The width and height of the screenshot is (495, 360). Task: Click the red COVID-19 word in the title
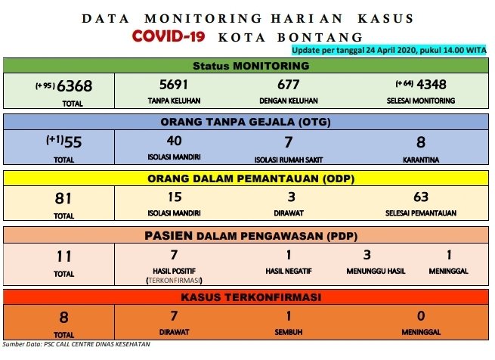point(169,36)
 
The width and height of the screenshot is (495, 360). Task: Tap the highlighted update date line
point(389,50)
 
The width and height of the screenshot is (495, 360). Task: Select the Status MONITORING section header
point(251,66)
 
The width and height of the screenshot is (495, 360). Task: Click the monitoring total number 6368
point(75,85)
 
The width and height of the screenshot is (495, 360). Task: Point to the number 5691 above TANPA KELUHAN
point(174,85)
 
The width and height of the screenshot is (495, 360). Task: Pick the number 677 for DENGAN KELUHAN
point(288,85)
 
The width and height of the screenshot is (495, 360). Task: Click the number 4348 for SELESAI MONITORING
point(432,85)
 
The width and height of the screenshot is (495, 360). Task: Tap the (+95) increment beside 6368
point(45,85)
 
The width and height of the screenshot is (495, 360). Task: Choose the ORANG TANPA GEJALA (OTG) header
point(246,122)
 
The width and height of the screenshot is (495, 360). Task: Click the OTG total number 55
point(73,142)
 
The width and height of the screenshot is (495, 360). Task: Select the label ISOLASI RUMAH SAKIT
point(289,160)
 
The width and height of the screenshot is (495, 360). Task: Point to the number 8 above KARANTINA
point(421,142)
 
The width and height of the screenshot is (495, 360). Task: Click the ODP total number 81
point(63,198)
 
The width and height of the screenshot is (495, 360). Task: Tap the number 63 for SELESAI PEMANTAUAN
point(421,197)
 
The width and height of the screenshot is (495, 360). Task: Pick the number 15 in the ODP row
point(175,197)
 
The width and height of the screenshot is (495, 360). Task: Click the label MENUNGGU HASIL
point(376,272)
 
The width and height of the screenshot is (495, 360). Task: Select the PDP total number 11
point(63,256)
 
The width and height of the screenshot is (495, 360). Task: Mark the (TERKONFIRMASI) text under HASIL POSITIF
point(174,281)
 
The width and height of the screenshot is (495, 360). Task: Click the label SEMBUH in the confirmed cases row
point(289,332)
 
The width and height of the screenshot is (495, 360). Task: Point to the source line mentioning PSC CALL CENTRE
point(76,344)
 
